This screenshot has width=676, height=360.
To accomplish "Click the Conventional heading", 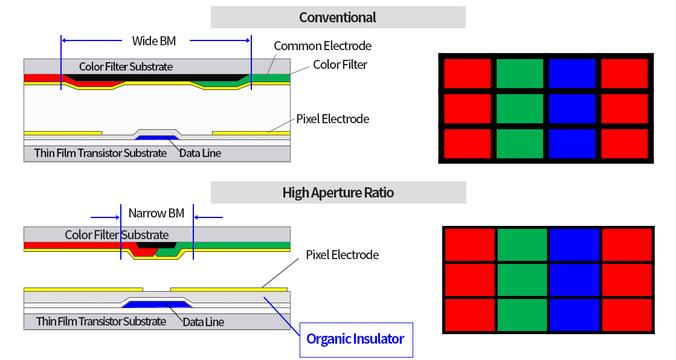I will (x=338, y=18).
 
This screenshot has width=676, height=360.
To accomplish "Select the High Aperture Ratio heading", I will (x=338, y=193).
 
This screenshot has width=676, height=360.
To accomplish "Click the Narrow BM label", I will (x=156, y=213).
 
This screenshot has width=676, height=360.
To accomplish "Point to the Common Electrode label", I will (x=323, y=46).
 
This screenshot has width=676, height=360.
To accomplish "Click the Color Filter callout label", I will (x=340, y=64).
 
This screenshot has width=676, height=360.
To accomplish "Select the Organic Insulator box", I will (x=355, y=339).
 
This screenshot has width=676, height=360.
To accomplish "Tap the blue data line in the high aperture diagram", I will (x=156, y=304).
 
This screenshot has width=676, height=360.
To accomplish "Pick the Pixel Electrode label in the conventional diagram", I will (x=332, y=118).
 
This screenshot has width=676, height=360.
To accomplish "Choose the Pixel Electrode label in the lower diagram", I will (x=342, y=254).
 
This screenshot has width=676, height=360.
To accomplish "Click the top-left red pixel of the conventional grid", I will (x=467, y=73).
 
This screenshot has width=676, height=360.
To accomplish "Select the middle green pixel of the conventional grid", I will (x=520, y=109).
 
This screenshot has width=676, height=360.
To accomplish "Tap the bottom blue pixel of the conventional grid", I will (x=571, y=144).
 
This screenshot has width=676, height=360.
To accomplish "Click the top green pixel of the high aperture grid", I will (x=522, y=244).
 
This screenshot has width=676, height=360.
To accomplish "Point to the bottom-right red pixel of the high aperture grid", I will (x=626, y=314).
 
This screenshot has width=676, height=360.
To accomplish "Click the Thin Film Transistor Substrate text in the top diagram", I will (x=100, y=153).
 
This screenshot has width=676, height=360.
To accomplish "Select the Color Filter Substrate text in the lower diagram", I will (x=117, y=234).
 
